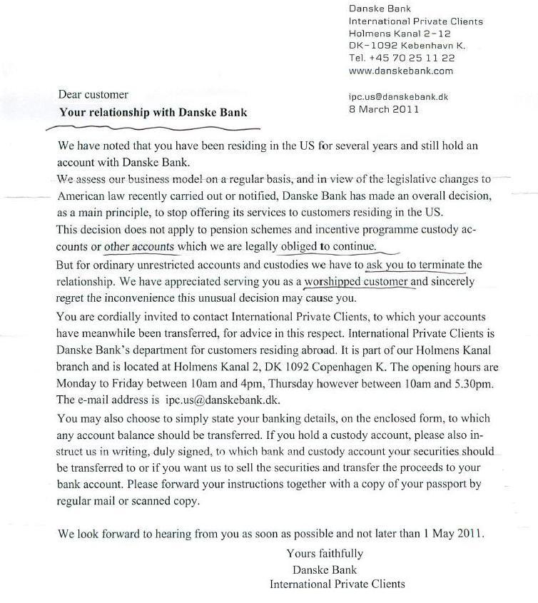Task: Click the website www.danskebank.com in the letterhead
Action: tap(400, 71)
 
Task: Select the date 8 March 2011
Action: tap(384, 109)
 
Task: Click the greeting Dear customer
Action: tap(93, 94)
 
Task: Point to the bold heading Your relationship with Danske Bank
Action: tap(153, 112)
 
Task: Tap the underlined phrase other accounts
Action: tap(139, 247)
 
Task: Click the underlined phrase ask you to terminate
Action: tap(414, 265)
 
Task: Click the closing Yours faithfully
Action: tap(325, 553)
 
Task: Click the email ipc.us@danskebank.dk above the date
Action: tap(398, 96)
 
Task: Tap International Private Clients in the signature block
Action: tap(337, 584)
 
